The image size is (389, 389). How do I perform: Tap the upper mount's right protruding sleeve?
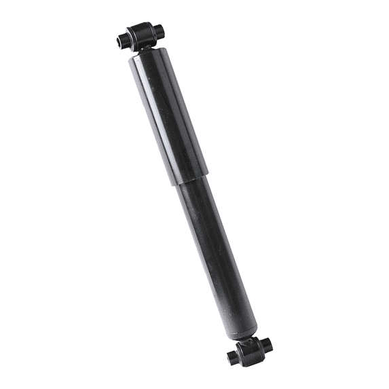pyautogui.click(x=159, y=30)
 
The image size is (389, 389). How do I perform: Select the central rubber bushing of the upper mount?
pyautogui.click(x=140, y=33)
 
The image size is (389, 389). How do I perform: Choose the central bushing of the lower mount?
pyautogui.click(x=251, y=350)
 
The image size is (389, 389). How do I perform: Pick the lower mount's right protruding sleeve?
pyautogui.click(x=267, y=344)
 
